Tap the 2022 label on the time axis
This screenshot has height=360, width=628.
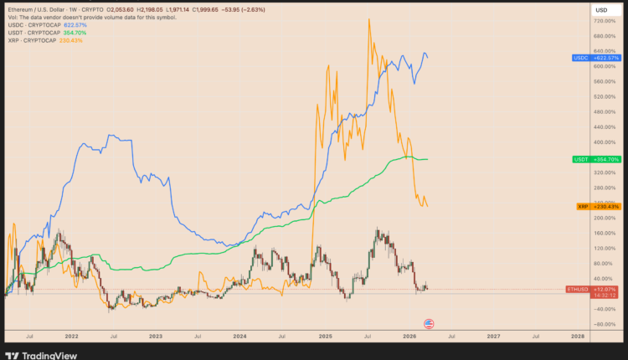click(x=71, y=336)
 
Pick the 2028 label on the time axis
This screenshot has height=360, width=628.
click(x=577, y=336)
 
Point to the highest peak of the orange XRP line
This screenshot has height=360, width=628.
click(x=369, y=18)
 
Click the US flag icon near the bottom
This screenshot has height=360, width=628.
click(x=430, y=324)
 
